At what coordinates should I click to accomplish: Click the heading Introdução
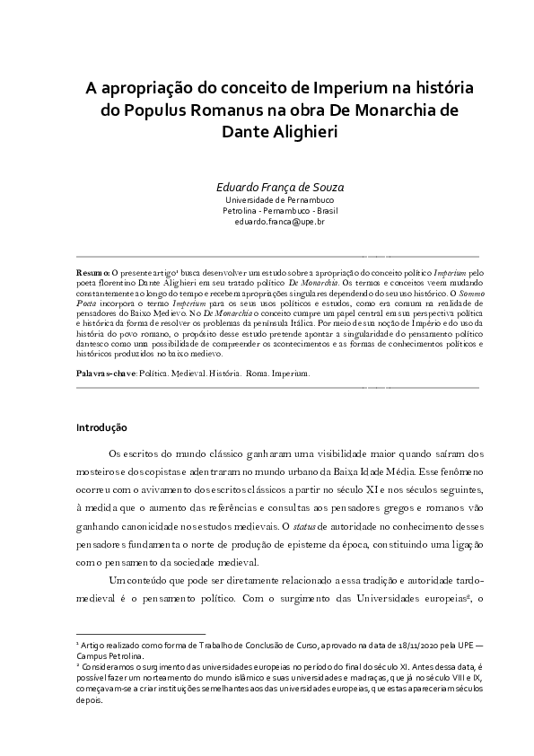[101, 428]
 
